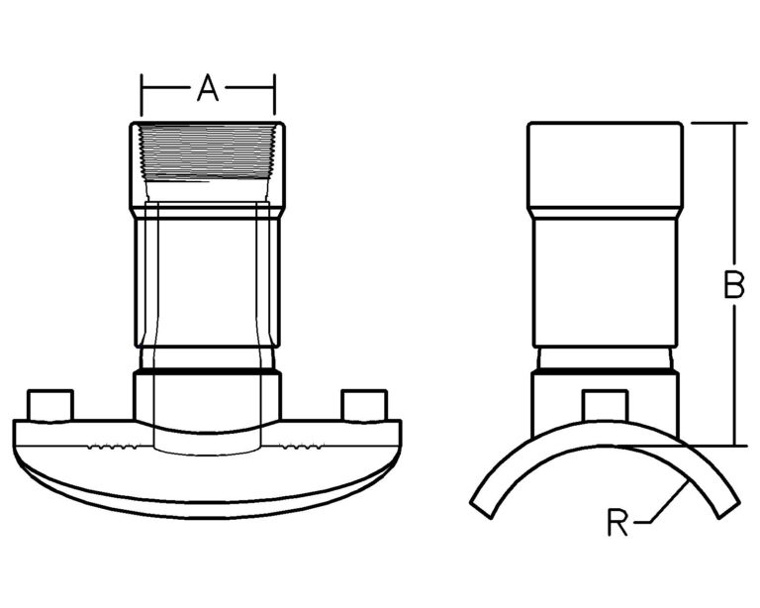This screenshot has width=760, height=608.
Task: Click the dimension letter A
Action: [207, 89]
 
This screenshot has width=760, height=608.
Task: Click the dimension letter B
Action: [732, 285]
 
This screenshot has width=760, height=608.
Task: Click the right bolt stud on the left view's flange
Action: [363, 405]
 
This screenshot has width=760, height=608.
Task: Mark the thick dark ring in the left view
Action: [207, 370]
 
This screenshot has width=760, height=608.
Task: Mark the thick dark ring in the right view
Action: [605, 370]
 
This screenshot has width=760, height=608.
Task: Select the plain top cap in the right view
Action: [605, 163]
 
